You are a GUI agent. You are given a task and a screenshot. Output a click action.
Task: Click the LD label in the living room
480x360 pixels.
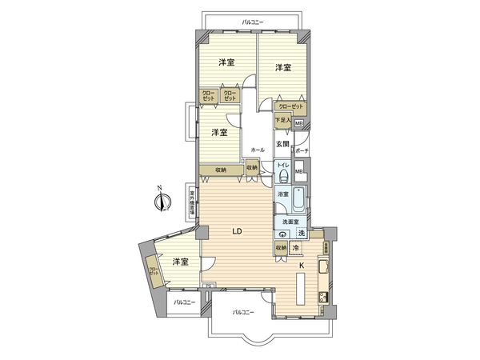(x=237, y=232)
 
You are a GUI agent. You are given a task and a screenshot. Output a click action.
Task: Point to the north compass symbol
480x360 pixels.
(x=160, y=199)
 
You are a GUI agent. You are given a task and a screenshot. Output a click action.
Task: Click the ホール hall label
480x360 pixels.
(x=257, y=150)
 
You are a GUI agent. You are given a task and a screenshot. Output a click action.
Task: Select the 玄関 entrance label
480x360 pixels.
(x=282, y=144)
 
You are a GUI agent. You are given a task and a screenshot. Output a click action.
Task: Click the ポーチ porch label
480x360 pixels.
(x=302, y=150)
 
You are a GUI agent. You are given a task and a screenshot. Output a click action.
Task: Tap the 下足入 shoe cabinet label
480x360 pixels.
(x=282, y=121)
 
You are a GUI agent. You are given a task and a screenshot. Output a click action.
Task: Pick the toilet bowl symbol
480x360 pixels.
(x=282, y=178)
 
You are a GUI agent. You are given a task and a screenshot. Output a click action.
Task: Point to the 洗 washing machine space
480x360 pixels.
(x=301, y=233)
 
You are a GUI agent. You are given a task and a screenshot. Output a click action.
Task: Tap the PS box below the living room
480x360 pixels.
(x=207, y=286)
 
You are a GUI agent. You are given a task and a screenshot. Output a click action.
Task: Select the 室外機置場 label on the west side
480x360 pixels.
(x=193, y=206)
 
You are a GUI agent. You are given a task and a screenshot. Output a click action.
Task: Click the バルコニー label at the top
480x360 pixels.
(x=254, y=22)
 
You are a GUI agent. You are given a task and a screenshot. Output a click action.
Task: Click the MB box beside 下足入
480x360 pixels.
(x=299, y=123)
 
